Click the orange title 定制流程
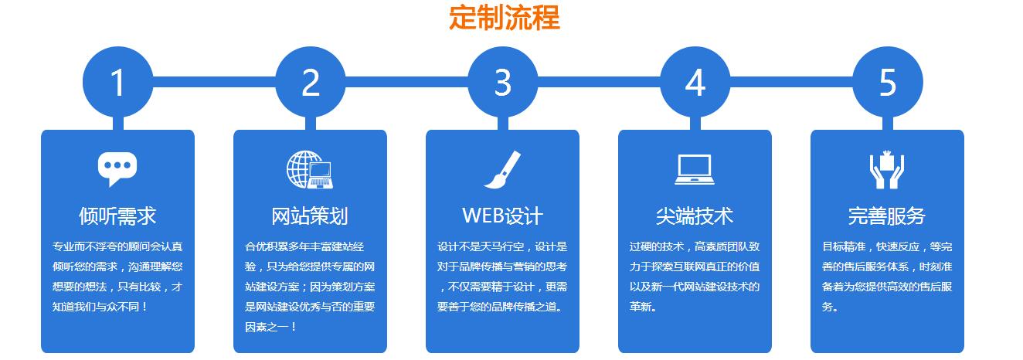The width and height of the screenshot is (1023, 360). click(505, 18)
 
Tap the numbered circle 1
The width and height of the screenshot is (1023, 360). click(117, 82)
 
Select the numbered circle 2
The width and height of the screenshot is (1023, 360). click(311, 82)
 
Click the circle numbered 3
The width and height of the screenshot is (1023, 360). click(503, 82)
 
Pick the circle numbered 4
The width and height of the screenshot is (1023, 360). click(695, 82)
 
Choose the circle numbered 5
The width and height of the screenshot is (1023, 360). click(887, 82)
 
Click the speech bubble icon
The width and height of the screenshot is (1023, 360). click(117, 169)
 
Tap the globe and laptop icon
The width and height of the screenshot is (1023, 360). click(310, 169)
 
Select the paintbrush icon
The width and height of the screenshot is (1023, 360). click(502, 169)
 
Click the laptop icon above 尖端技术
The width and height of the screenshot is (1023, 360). click(695, 170)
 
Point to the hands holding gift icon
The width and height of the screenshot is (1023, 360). click(887, 169)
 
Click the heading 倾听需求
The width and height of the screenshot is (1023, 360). click(117, 216)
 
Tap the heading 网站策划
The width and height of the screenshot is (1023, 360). click(310, 216)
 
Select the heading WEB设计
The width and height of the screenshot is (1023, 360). click(502, 216)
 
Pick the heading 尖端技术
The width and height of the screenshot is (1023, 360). click(695, 216)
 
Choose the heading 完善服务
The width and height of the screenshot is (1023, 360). click(887, 216)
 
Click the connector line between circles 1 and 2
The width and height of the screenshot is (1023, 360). click(214, 82)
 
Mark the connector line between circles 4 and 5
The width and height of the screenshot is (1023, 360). click(791, 82)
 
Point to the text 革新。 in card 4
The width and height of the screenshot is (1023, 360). click(643, 307)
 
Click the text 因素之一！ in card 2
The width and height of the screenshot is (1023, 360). click(271, 327)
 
